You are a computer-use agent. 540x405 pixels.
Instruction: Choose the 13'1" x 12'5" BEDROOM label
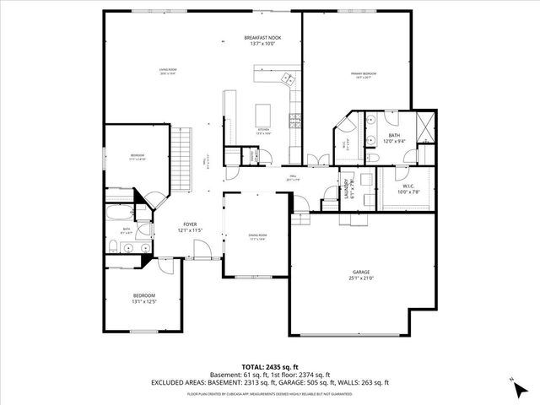tap(144, 298)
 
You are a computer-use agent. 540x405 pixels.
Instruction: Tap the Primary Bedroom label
tap(364, 75)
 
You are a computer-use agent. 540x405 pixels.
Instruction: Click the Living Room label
tap(167, 71)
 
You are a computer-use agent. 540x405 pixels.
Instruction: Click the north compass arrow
tap(515, 387)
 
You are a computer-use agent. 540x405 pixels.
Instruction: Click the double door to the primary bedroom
tap(314, 159)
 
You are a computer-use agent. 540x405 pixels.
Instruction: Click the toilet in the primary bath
tap(373, 157)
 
